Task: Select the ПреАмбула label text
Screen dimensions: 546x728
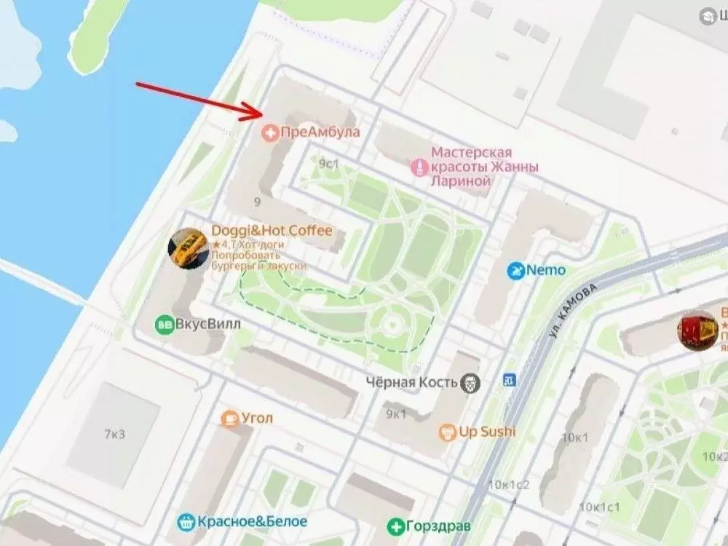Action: click(x=320, y=133)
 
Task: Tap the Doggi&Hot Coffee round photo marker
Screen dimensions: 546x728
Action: click(x=188, y=248)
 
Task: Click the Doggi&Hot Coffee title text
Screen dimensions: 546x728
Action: click(x=272, y=231)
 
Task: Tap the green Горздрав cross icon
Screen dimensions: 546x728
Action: click(x=395, y=526)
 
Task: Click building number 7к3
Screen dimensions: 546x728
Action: click(x=114, y=435)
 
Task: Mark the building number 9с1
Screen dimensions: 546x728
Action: click(x=329, y=164)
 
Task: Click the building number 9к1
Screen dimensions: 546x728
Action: click(x=397, y=414)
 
